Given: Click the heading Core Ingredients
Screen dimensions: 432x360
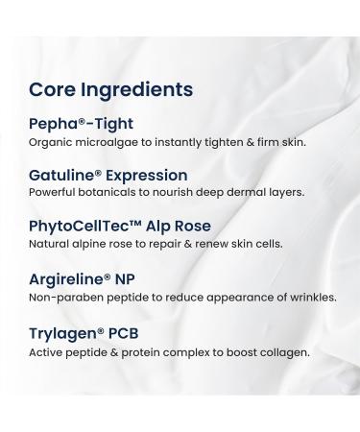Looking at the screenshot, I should pyautogui.click(x=110, y=89).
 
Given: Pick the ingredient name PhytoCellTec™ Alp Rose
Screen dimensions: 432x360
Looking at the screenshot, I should pyautogui.click(x=121, y=227).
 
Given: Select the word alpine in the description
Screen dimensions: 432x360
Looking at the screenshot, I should pyautogui.click(x=90, y=245).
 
